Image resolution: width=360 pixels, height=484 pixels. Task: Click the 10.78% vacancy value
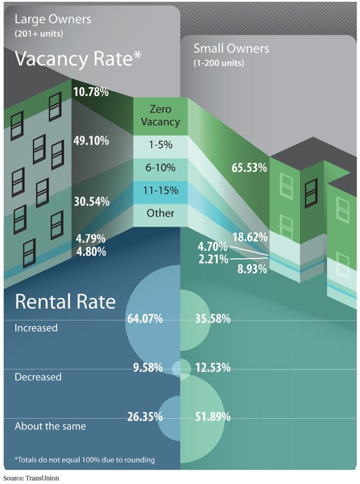91,92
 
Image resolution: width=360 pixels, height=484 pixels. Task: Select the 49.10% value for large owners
91,141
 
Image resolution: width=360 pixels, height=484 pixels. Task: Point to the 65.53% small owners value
249,168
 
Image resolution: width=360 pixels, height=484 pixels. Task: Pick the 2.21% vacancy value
214,259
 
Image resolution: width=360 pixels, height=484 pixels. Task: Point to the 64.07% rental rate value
145,319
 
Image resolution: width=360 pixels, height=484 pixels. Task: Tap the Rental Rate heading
65,301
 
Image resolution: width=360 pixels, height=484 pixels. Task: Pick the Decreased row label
38,377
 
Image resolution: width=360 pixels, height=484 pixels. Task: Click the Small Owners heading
231,49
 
